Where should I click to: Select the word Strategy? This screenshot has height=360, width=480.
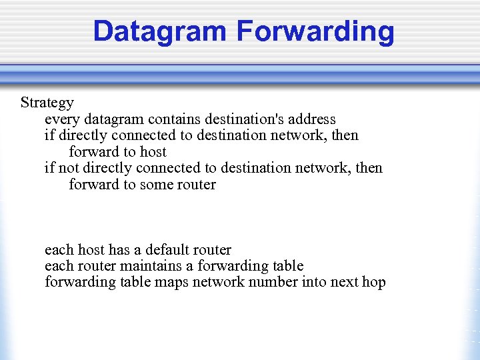pyautogui.click(x=47, y=103)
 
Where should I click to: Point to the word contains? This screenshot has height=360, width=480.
pyautogui.click(x=175, y=119)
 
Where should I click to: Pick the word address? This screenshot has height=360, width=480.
pyautogui.click(x=315, y=119)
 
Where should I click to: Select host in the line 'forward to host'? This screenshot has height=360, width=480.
pyautogui.click(x=153, y=152)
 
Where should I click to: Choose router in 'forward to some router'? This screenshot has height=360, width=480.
pyautogui.click(x=197, y=185)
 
